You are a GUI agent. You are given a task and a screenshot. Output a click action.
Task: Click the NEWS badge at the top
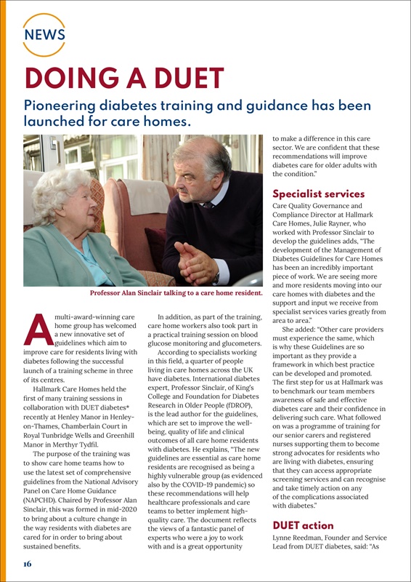click(x=44, y=34)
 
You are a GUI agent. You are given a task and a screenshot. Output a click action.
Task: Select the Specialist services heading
click(x=318, y=194)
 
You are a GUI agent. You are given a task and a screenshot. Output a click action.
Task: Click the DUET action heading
click(x=303, y=525)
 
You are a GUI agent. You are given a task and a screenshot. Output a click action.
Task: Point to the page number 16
click(x=27, y=564)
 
